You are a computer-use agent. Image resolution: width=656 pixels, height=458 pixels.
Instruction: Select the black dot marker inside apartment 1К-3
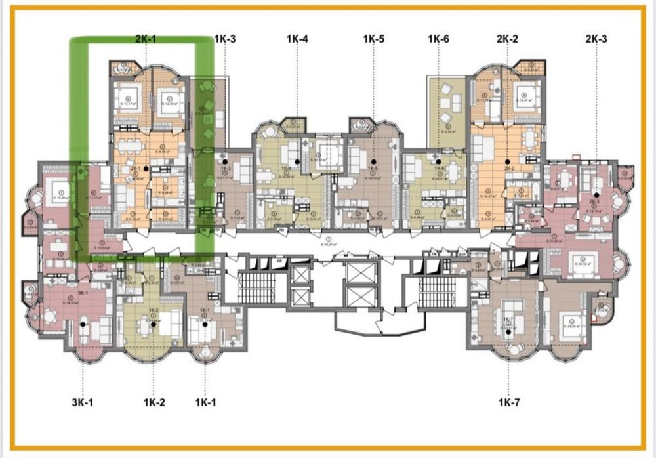point(225,161)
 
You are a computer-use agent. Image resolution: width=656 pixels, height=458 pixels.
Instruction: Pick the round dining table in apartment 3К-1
point(83,323)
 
